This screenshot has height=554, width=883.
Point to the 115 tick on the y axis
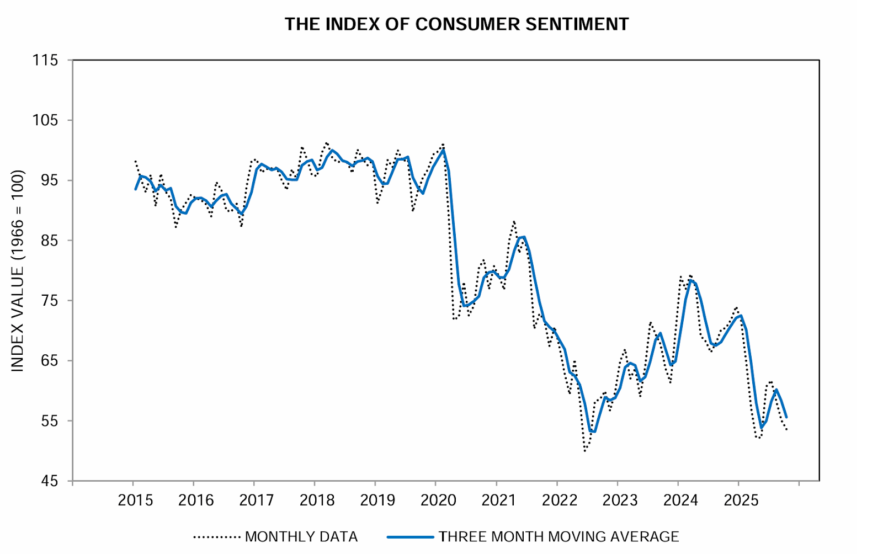(x=45, y=60)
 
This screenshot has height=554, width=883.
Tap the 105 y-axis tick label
(x=45, y=120)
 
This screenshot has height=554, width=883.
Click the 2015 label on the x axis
(x=136, y=500)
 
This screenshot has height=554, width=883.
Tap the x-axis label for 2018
(x=317, y=500)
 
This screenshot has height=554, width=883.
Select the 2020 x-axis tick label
(x=438, y=500)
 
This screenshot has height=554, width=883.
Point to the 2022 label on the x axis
(x=560, y=500)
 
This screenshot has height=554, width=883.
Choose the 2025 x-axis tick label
(x=741, y=500)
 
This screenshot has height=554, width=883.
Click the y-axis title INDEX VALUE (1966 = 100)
(x=18, y=270)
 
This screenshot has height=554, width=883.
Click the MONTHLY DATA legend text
(x=301, y=536)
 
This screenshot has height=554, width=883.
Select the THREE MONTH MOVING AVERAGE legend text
(x=558, y=536)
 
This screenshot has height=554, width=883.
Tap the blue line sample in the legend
(x=410, y=536)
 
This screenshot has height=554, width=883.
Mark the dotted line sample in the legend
(x=217, y=536)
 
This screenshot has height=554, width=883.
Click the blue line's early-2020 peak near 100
(x=443, y=150)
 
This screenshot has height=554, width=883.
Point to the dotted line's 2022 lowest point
(x=585, y=451)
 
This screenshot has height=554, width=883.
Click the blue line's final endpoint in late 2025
(x=786, y=417)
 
